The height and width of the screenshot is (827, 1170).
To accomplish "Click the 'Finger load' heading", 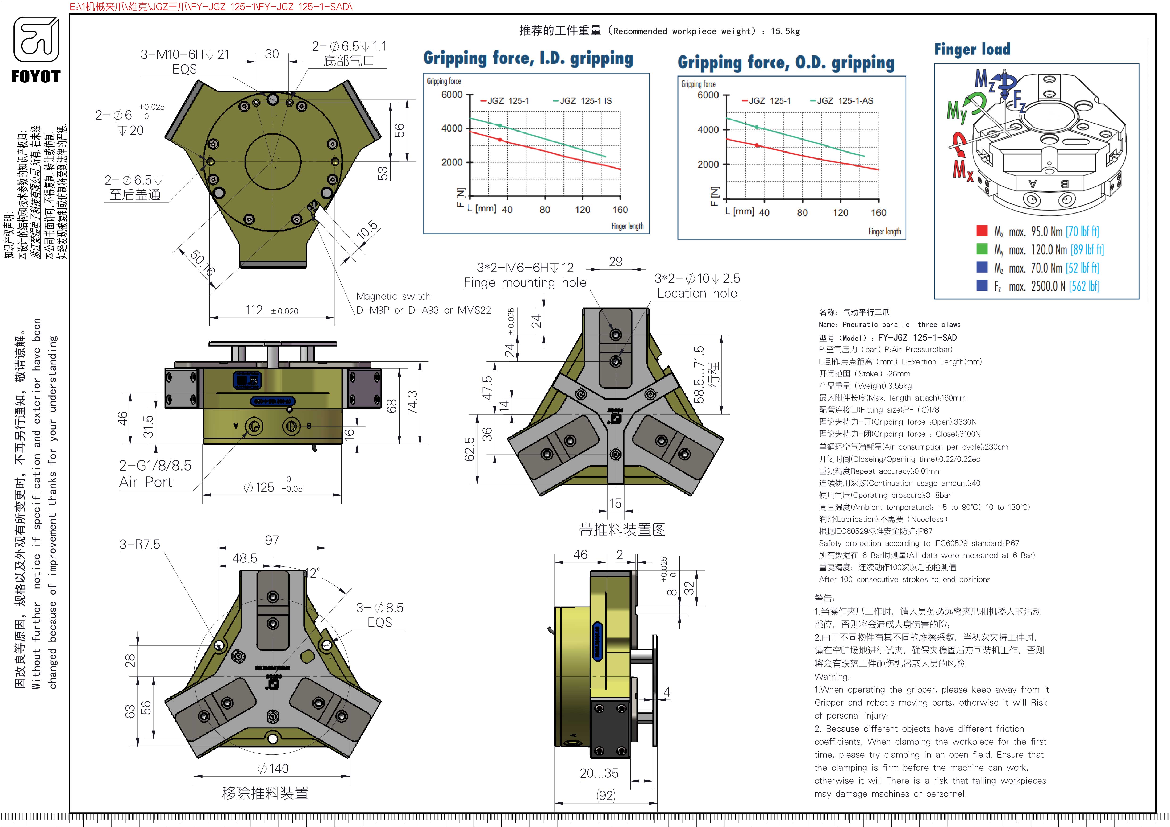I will click(x=972, y=50).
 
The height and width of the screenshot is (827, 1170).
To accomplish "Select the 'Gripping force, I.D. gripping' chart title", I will click(x=528, y=58).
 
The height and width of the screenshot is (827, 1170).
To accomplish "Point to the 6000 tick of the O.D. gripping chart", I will click(x=708, y=95).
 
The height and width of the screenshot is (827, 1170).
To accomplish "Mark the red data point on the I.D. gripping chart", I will click(x=500, y=140).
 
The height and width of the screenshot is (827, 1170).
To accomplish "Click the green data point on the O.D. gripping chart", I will click(x=757, y=127).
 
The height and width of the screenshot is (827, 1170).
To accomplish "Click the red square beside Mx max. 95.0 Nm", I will click(x=982, y=231).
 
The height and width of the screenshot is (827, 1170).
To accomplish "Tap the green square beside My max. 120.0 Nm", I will click(x=982, y=249).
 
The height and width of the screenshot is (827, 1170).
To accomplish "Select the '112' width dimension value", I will click(x=254, y=310).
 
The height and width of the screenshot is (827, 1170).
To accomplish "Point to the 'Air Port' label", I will click(x=146, y=482).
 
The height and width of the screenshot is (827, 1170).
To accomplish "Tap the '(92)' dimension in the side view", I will click(x=606, y=795).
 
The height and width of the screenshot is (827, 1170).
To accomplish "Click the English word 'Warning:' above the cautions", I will click(x=832, y=677).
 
